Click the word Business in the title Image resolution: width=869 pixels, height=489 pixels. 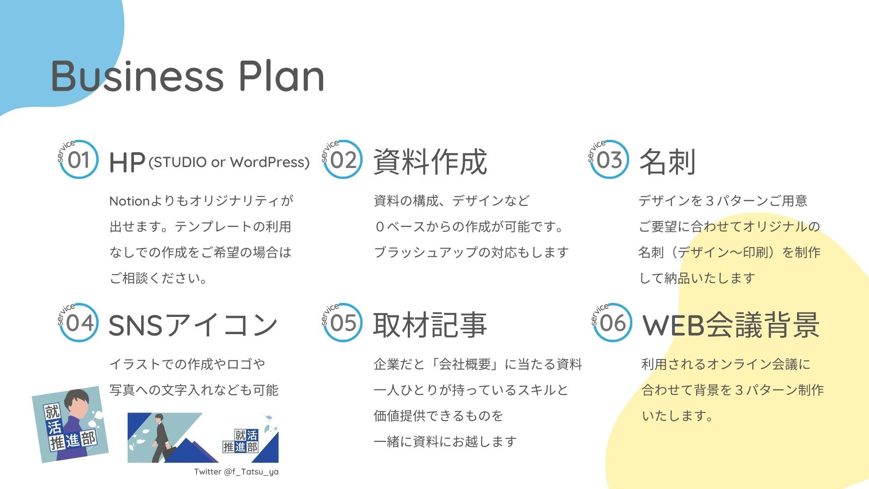click(x=138, y=76)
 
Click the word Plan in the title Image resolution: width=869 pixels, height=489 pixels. click(x=282, y=76)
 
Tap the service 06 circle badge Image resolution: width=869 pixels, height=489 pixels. click(x=611, y=322)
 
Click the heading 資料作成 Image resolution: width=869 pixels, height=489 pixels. click(x=430, y=162)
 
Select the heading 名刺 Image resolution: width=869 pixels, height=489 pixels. click(x=667, y=162)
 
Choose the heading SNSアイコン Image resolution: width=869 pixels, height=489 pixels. click(x=193, y=325)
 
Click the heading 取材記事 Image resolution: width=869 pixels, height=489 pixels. click(x=430, y=325)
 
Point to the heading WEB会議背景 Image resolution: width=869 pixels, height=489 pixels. click(x=731, y=325)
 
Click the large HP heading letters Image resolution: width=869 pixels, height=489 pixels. click(x=127, y=163)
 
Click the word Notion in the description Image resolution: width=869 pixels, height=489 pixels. click(x=129, y=201)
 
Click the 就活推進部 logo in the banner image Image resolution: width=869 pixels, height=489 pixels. click(x=240, y=441)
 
